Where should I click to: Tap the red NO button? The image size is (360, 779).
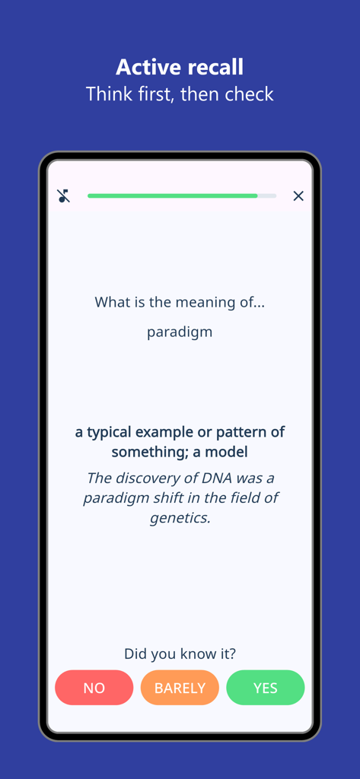(94, 688)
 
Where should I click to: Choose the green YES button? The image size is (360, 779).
(265, 688)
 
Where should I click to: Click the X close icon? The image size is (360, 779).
(298, 196)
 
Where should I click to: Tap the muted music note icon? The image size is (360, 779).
(64, 196)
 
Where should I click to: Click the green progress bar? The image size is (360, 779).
(172, 196)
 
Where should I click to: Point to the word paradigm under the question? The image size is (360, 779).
(180, 332)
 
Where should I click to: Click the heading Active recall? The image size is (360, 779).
(180, 67)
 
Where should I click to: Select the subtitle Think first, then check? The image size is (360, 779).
(180, 94)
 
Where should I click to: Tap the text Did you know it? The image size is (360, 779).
(180, 653)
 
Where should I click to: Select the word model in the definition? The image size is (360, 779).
(228, 452)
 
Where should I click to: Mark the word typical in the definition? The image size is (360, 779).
(109, 432)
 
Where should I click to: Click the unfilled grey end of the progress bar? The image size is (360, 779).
(267, 196)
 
